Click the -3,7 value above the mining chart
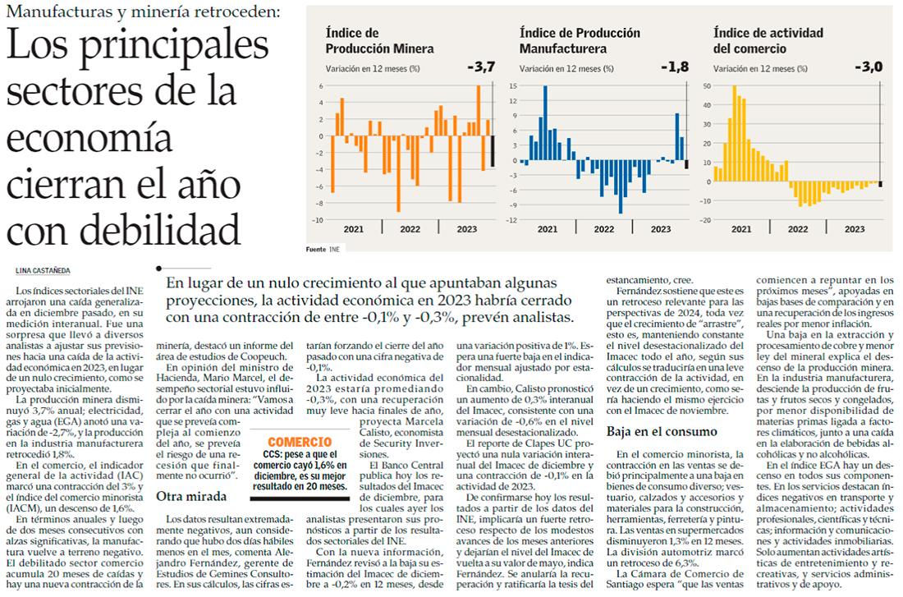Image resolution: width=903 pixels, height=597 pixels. click(480, 67)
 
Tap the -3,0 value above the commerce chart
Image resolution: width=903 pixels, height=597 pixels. click(868, 67)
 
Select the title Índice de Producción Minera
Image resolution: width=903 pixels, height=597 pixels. click(379, 41)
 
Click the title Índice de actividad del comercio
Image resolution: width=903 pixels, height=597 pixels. click(768, 41)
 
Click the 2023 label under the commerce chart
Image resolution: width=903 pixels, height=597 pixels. click(854, 229)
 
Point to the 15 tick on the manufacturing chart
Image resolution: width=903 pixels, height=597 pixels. click(512, 85)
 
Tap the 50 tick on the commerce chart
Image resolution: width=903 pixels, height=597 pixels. click(706, 85)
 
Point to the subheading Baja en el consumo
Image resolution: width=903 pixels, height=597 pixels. click(663, 431)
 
